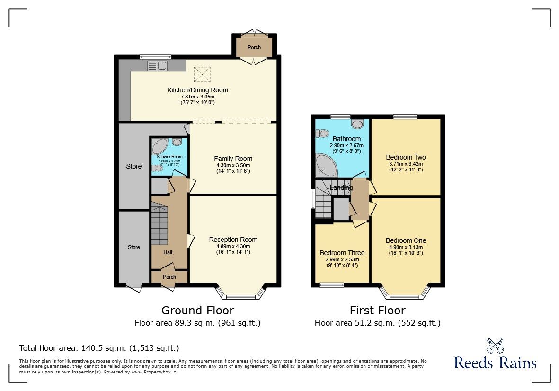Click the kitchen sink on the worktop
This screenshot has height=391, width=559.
pos(158,65)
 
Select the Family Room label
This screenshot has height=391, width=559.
pos(233,159)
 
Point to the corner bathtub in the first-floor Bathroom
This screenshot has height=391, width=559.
pos(327,165)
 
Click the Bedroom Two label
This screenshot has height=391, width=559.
pos(406,157)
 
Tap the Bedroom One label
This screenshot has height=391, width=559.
pos(406,240)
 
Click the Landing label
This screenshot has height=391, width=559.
pos(341,188)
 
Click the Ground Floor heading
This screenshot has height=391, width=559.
pos(197,311)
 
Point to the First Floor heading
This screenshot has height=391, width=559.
pos(377,311)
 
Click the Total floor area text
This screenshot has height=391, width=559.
pos(99,348)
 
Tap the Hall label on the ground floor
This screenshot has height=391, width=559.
pos(168,252)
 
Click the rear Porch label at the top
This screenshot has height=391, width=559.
pos(254,47)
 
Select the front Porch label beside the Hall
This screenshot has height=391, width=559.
pos(169,277)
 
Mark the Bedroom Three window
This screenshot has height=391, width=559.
pos(331,285)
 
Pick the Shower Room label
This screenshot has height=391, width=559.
pos(169,157)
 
